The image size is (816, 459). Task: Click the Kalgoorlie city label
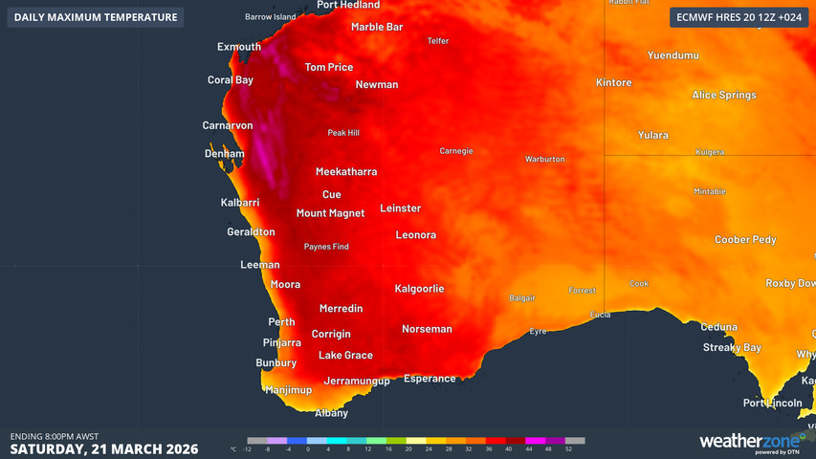(419, 288)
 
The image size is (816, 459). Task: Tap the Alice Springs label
(724, 95)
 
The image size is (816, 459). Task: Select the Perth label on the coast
(281, 321)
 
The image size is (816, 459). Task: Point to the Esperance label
(430, 379)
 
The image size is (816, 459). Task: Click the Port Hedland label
(348, 5)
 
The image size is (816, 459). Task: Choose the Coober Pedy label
(745, 240)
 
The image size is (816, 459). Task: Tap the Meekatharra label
(346, 172)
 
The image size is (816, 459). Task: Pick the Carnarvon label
(228, 125)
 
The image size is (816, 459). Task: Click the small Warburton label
(544, 159)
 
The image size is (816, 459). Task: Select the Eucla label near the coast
(601, 315)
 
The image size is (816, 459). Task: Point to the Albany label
(332, 413)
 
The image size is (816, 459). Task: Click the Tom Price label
(328, 67)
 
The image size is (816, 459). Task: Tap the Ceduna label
(718, 327)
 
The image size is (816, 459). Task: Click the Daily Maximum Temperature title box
(96, 17)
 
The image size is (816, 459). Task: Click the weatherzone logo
(749, 441)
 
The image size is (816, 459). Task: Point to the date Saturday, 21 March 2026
(104, 448)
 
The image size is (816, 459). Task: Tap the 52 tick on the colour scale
(568, 448)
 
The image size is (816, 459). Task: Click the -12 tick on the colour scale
(247, 448)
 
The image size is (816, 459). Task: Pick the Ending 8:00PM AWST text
(55, 436)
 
